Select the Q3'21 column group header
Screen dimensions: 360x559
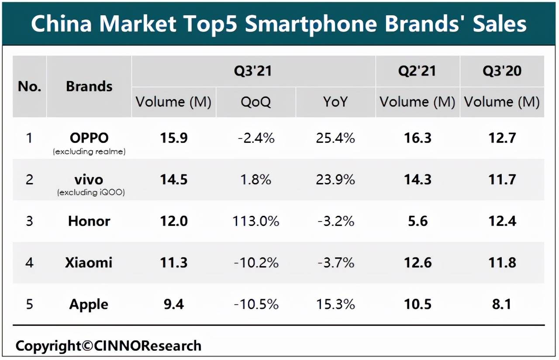[253, 71]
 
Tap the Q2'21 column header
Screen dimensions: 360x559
[417, 71]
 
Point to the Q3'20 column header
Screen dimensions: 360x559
[502, 71]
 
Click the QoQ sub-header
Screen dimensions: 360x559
[255, 102]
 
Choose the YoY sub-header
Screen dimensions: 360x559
[335, 102]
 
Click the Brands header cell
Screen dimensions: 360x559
[89, 87]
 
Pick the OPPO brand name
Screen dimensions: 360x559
[89, 138]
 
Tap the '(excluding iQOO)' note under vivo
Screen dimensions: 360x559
[91, 193]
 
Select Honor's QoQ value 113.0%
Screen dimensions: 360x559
[255, 221]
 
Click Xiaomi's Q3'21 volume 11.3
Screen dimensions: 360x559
[173, 263]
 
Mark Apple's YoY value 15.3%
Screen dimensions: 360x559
[335, 304]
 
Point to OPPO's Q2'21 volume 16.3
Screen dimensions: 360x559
[417, 138]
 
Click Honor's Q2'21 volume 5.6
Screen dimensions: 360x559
[417, 221]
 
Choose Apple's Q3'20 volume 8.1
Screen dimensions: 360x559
[502, 304]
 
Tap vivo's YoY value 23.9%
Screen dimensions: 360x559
[335, 180]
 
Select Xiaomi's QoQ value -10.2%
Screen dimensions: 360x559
[255, 263]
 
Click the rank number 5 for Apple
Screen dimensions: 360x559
[29, 304]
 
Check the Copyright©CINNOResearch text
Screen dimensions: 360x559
[108, 346]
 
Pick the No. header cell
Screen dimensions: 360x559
[29, 87]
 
